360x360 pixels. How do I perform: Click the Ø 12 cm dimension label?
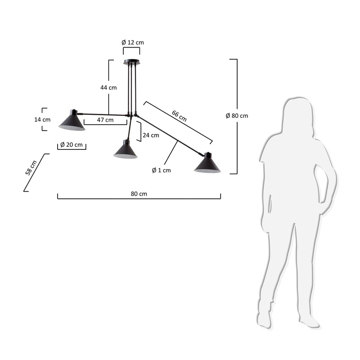(x=132, y=42)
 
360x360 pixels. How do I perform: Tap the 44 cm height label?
(x=108, y=87)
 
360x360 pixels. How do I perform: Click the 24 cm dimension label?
(x=151, y=135)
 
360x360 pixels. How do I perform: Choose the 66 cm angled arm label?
(x=179, y=116)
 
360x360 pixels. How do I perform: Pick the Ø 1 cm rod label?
(x=161, y=170)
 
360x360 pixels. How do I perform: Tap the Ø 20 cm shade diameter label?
(x=71, y=144)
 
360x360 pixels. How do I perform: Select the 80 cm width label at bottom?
(x=139, y=193)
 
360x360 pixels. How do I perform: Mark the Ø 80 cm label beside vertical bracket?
(x=237, y=116)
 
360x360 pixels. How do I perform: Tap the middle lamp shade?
(x=125, y=150)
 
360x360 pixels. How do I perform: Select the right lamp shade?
(x=207, y=164)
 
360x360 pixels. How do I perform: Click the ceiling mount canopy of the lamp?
(x=131, y=62)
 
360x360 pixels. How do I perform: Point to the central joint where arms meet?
(x=131, y=116)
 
